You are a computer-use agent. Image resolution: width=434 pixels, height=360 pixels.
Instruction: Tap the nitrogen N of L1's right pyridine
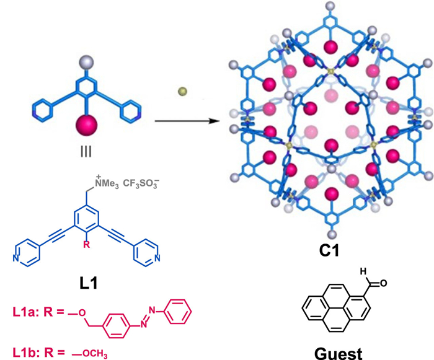click(159, 258)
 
